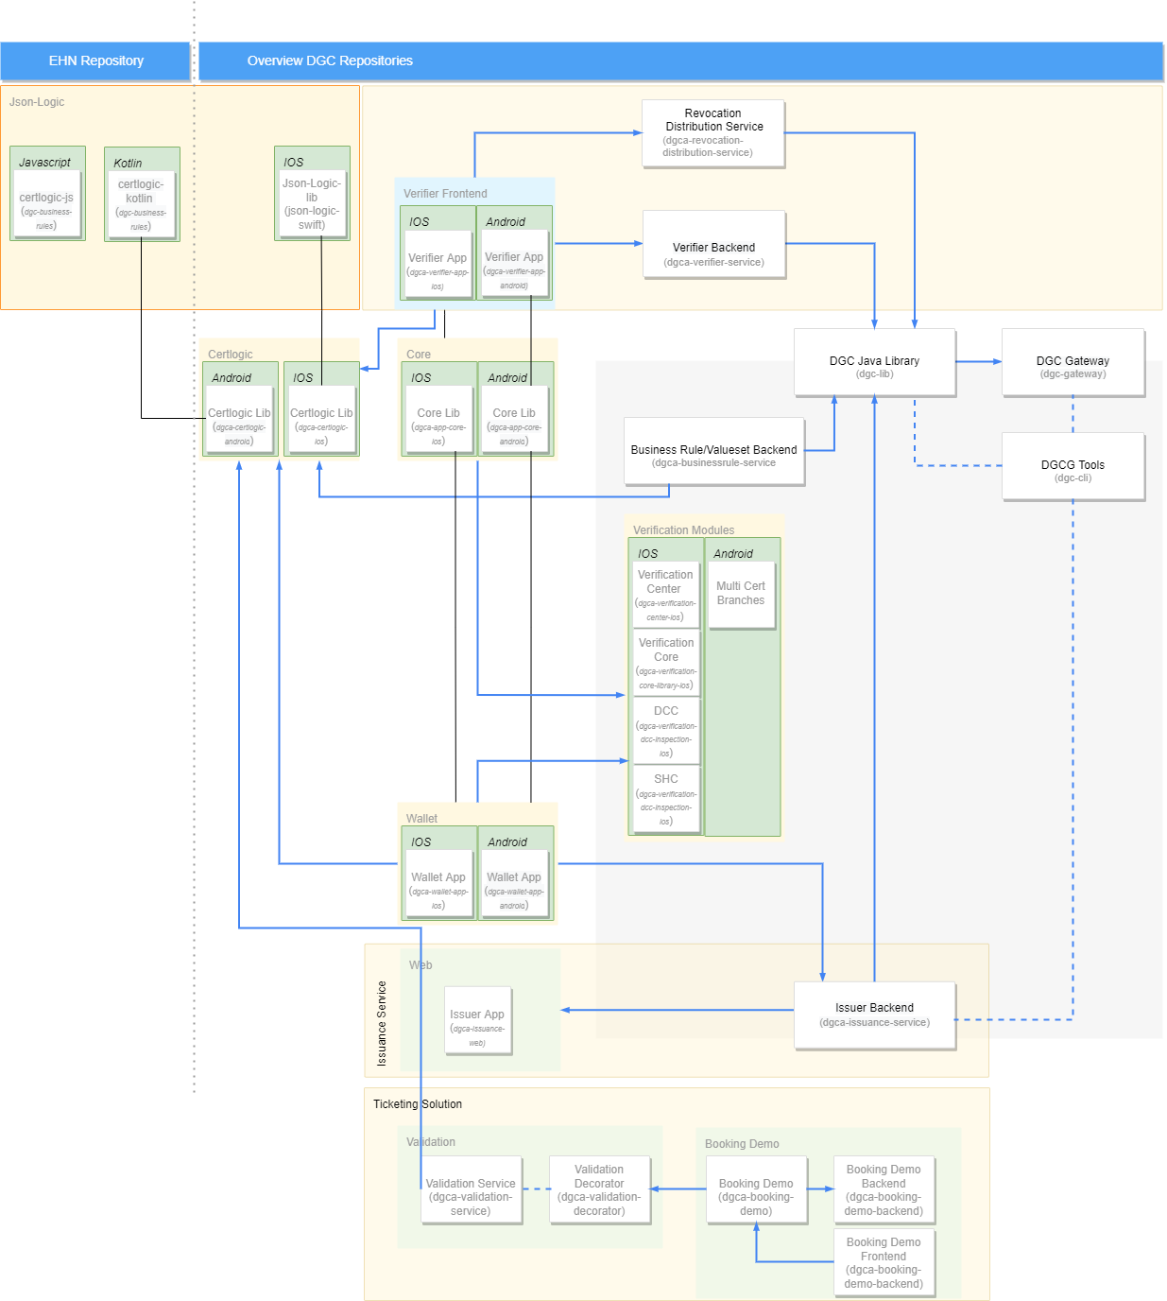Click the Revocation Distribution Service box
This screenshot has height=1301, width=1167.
coord(713,133)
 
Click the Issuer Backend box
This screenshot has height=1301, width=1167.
coord(874,1015)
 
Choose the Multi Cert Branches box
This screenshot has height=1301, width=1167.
coord(741,595)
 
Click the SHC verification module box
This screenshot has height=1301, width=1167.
coord(666,799)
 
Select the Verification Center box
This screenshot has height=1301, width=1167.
coord(665,594)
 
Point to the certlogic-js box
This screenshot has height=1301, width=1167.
coord(46,204)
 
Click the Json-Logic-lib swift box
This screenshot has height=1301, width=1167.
coord(312,203)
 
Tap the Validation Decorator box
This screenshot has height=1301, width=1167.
coord(599,1189)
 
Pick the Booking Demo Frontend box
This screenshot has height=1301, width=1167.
coord(884,1262)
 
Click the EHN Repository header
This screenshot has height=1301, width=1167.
coord(95,61)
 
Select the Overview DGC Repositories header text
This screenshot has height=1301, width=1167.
coord(330,61)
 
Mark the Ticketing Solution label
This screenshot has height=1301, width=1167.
coord(418,1104)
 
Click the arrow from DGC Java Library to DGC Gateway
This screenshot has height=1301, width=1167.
coord(979,361)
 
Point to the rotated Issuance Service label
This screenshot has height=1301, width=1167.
coord(382,1024)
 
